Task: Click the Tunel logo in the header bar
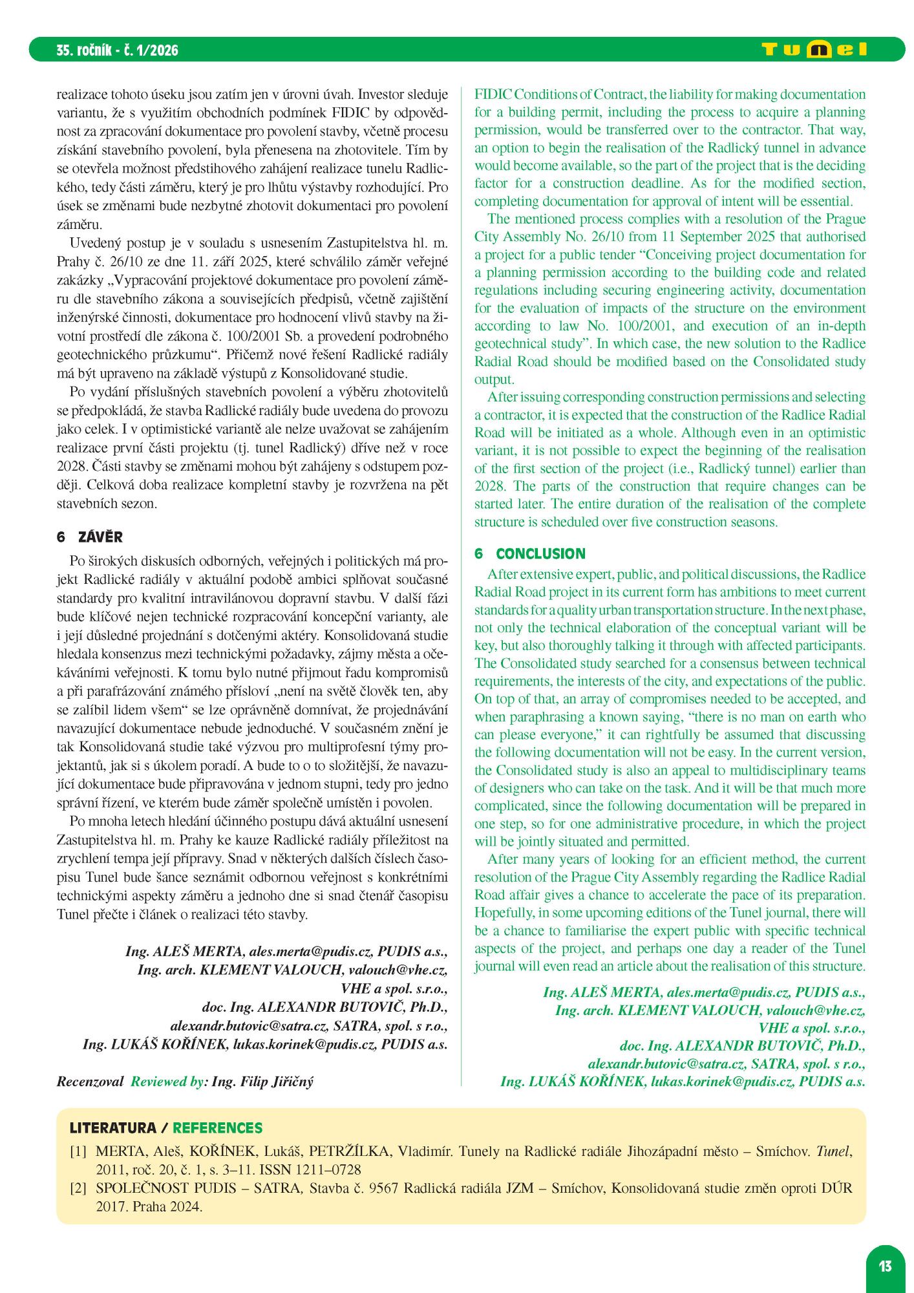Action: point(814,50)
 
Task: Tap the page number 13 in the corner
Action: point(885,1265)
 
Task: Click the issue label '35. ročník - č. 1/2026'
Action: point(117,50)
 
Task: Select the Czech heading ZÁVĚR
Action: point(100,537)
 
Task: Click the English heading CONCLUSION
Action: point(540,553)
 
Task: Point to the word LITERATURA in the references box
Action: point(113,1128)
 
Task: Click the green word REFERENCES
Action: point(217,1128)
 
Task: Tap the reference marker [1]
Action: point(78,1151)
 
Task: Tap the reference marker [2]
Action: point(78,1188)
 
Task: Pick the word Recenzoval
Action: point(90,1082)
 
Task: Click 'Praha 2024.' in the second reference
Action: point(167,1206)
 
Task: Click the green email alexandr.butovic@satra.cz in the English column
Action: point(666,1063)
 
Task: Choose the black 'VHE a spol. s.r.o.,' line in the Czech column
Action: point(394,988)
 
